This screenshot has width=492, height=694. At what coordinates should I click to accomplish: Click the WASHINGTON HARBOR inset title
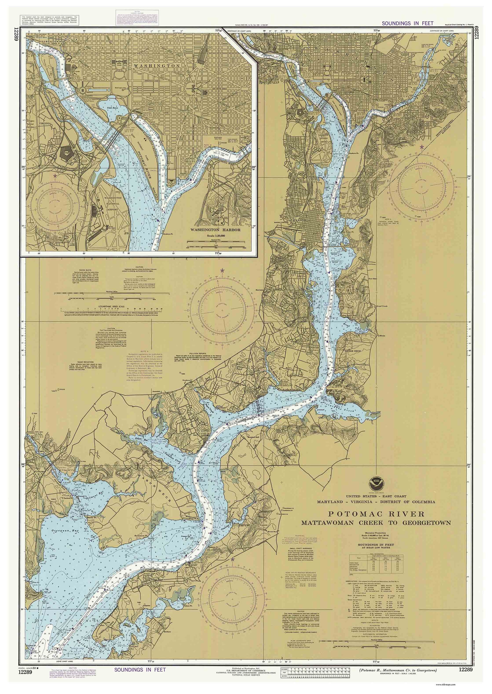click(215, 230)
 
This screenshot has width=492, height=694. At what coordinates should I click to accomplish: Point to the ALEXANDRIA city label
click(300, 220)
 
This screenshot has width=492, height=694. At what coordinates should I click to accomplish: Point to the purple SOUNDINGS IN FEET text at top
click(407, 23)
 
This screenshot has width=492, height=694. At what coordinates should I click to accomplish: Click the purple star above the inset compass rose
click(55, 175)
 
